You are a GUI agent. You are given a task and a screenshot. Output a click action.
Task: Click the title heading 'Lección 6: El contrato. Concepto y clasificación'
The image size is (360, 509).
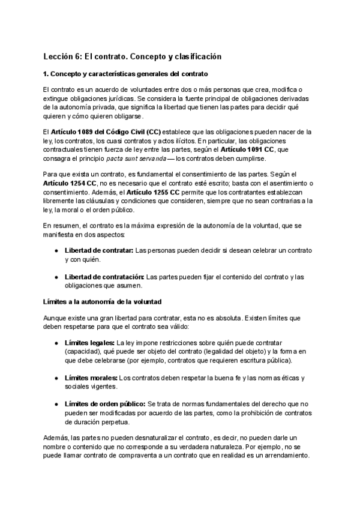132,56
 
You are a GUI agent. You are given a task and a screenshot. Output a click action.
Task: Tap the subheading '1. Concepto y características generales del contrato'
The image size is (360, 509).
126,74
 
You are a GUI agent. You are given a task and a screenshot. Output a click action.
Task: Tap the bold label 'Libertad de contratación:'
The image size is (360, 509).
104,277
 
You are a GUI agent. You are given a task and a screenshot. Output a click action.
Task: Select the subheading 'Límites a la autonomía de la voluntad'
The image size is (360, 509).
102,300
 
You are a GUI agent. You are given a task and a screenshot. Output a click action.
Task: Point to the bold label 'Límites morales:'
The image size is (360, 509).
91,378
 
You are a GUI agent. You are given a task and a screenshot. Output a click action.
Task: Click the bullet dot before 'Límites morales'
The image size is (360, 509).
56,378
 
